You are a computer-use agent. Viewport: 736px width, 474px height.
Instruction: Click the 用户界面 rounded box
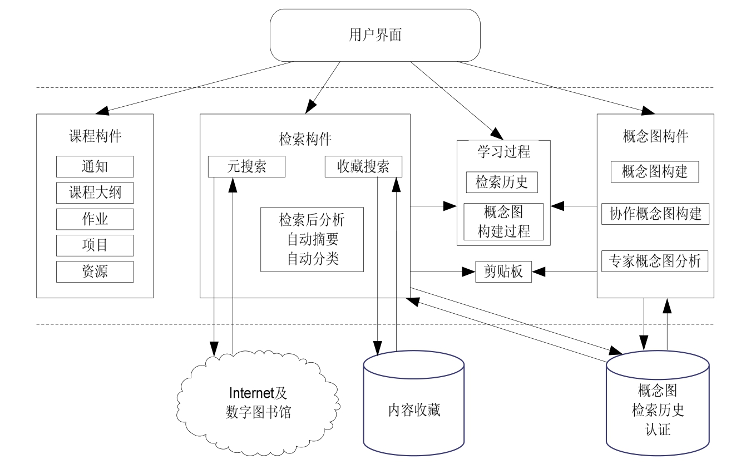[375, 36]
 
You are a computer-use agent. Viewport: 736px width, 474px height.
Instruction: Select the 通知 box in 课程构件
[95, 166]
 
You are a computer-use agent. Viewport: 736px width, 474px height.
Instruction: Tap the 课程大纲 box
[95, 193]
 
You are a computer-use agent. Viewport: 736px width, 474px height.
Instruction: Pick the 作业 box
[95, 219]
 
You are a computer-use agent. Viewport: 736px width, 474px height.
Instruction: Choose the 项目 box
[95, 245]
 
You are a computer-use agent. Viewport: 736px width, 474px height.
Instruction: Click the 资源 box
[95, 271]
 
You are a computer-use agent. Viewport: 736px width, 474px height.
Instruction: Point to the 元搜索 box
[246, 167]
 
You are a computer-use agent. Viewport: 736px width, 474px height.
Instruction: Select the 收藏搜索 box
[363, 167]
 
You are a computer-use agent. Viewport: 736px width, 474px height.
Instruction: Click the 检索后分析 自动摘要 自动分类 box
[312, 239]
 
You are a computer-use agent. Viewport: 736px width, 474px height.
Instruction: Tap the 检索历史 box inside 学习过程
[501, 182]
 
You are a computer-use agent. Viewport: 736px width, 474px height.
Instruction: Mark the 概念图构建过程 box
[504, 221]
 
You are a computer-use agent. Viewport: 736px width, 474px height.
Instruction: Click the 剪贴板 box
[503, 272]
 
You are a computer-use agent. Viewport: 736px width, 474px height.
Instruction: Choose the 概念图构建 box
[655, 171]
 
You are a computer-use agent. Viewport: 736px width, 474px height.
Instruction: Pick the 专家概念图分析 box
[655, 260]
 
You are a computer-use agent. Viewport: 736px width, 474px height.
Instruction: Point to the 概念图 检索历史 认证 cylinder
[658, 411]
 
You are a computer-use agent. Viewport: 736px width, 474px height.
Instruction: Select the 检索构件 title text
[305, 139]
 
